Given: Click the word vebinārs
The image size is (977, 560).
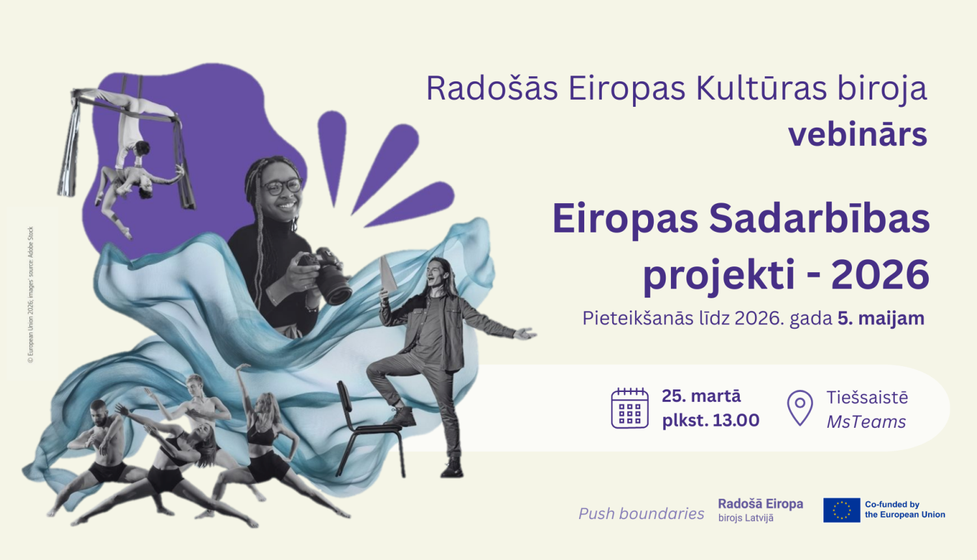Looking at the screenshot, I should tap(857, 135).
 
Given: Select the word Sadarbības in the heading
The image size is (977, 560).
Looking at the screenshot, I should tap(819, 219).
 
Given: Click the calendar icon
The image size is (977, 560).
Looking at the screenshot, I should tap(630, 408).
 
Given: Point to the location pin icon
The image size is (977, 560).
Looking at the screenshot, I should tap(800, 408).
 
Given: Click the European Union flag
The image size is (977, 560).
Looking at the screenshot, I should tap(842, 510).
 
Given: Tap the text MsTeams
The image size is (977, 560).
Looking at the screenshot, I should tap(866, 422).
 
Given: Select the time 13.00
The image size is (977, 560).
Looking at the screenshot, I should tap(736, 421).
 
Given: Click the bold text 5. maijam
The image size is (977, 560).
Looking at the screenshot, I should tap(881, 318).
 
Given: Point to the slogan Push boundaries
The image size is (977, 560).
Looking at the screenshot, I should tap(641, 514).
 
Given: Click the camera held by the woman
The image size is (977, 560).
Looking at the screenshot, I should tap(329, 275).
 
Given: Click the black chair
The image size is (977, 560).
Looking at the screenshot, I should tap(365, 427).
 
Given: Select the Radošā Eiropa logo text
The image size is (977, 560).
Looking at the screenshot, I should tap(760, 504).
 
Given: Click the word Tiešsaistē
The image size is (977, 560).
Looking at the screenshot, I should tap(867, 397).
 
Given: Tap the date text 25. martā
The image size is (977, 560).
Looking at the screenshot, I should tap(701, 396).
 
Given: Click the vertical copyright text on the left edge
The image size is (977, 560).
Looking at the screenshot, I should tap(31, 294).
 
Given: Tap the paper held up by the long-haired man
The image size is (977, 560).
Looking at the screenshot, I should tap(388, 274).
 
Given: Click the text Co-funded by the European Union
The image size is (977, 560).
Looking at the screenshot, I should tap(904, 509).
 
